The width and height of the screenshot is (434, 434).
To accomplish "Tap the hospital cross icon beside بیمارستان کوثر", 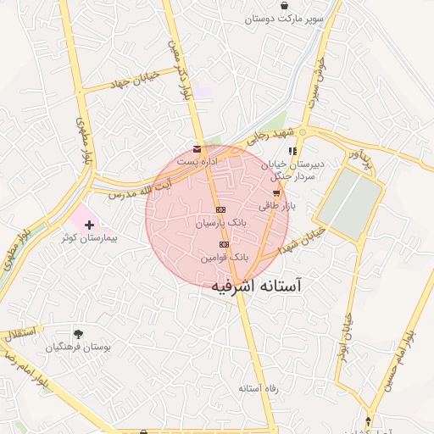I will pyautogui.click(x=91, y=225).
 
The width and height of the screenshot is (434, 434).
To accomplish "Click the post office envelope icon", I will pyautogui.click(x=198, y=147).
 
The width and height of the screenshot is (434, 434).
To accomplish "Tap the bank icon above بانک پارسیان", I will pyautogui.click(x=220, y=209).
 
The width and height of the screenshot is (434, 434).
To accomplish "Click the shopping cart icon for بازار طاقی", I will pyautogui.click(x=275, y=193).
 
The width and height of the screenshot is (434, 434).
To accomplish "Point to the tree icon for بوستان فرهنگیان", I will pyautogui.click(x=79, y=334).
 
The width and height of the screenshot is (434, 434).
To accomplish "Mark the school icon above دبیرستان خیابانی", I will pyautogui.click(x=292, y=151).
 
